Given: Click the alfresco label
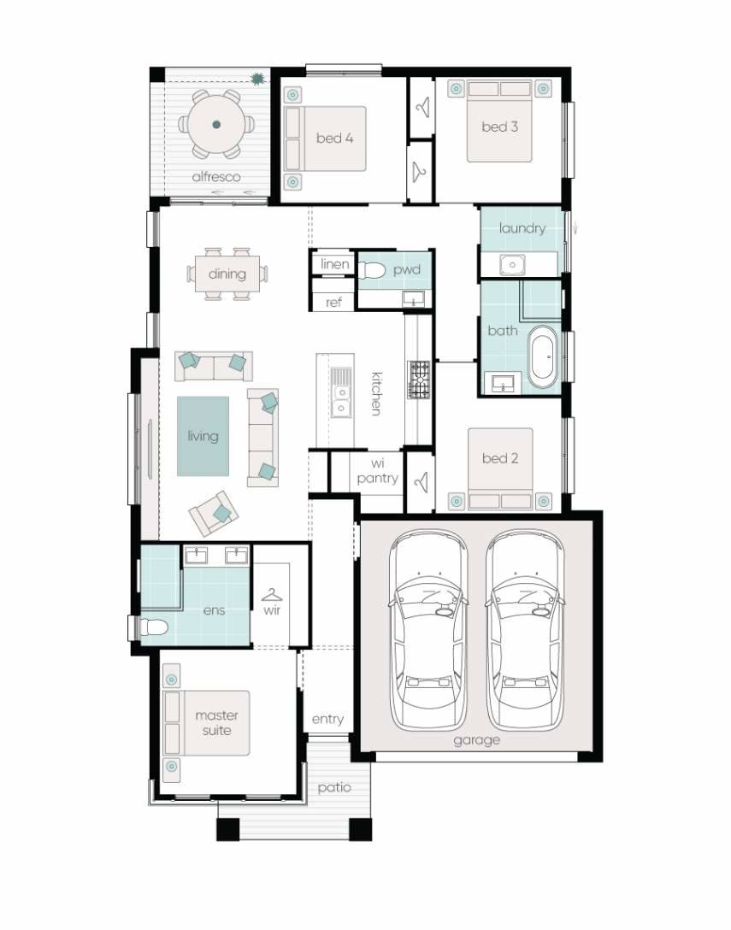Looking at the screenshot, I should (215, 177).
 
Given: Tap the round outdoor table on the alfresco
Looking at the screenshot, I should (216, 124).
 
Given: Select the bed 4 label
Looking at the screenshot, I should (335, 138).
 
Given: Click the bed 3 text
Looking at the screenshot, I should (500, 127).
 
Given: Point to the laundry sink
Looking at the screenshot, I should (512, 265).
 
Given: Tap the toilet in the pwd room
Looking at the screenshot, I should (371, 271).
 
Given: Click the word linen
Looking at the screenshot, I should (335, 264).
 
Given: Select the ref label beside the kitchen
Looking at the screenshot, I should (333, 303).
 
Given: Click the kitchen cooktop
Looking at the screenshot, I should (420, 381).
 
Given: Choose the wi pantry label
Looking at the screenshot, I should (377, 471).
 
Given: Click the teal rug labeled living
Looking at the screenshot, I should (203, 436).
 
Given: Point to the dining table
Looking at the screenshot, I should (227, 274).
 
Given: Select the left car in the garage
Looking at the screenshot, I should (427, 629).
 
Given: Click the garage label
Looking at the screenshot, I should (476, 740).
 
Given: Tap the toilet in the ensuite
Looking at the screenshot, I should (151, 627).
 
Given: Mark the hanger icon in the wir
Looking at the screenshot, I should (272, 595).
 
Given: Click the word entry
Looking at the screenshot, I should (327, 719).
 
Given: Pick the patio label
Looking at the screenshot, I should (334, 788).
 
